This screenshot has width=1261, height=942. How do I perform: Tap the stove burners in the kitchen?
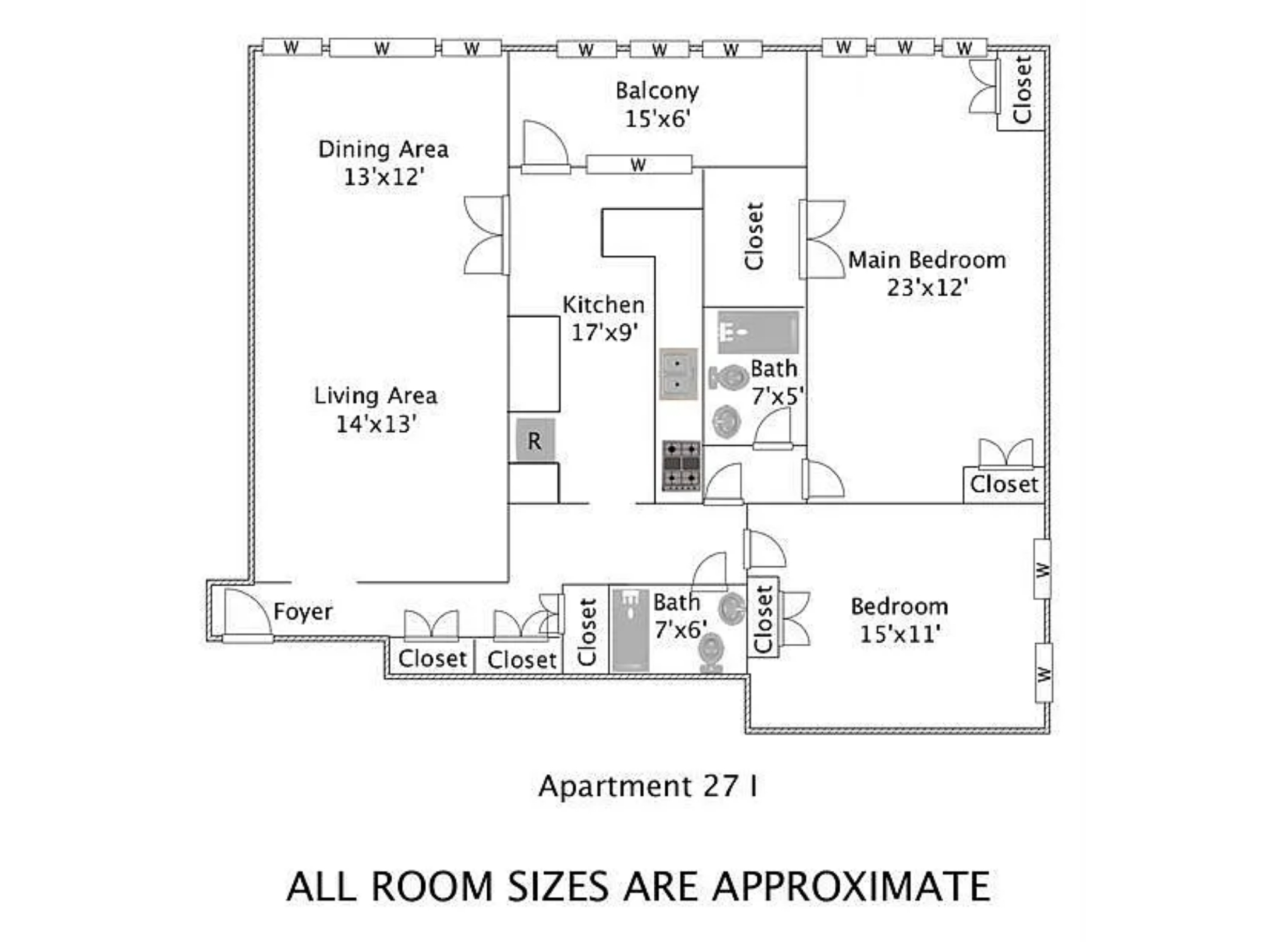coord(681,465)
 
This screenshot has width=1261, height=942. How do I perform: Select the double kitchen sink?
coord(678,374)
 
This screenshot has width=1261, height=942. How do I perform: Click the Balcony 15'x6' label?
coord(657,104)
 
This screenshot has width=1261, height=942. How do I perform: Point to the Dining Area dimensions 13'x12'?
coord(384,177)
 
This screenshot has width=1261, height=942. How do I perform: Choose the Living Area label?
coord(376,395)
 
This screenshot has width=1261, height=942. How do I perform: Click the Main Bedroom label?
coord(927,260)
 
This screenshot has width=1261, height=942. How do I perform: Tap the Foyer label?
coord(303,612)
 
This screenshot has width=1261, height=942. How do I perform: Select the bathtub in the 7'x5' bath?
coord(758,332)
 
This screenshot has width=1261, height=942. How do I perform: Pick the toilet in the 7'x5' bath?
coord(729,377)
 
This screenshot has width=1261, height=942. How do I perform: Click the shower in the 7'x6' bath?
coord(630,630)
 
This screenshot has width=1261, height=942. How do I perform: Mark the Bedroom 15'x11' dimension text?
coord(900,634)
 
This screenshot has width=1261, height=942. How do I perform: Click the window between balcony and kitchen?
coord(639,165)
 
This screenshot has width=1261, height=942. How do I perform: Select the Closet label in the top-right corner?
coord(1021,89)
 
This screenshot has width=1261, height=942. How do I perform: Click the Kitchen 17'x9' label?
coord(603,318)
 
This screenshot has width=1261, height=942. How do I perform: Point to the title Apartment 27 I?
coord(648,786)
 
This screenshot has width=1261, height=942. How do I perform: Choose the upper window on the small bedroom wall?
coord(1042,569)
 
